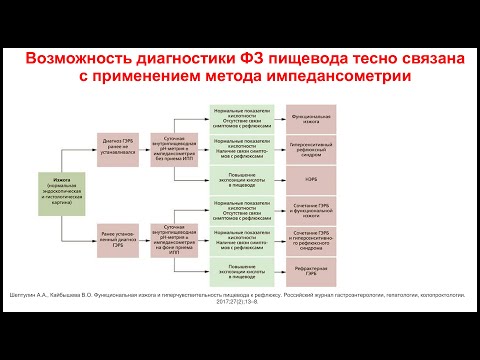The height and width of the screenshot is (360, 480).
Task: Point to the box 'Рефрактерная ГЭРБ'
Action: (319, 270)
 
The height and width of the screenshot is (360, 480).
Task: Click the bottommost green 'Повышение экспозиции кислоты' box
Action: (247, 270)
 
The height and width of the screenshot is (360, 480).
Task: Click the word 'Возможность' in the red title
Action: (84, 61)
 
